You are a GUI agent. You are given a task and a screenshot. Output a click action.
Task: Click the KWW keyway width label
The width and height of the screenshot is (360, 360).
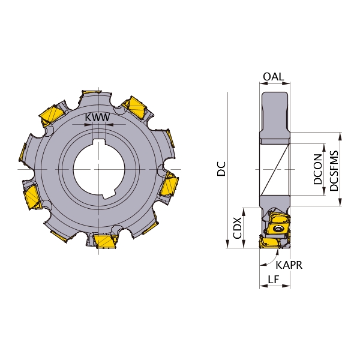pos(97,118)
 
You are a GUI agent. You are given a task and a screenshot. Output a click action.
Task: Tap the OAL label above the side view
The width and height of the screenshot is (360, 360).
pos(274,77)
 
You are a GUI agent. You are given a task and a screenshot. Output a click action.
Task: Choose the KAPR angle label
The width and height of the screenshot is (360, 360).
pos(289,265)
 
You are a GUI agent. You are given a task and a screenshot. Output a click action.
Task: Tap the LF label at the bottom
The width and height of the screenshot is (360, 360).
pos(274,279)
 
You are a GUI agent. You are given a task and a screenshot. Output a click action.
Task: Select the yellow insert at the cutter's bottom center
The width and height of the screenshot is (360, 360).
pos(103,241)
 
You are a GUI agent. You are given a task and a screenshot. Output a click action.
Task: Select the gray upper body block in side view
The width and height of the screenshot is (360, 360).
pos(275,114)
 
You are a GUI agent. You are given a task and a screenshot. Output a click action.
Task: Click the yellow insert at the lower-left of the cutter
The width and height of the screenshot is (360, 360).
pos(32,198)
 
